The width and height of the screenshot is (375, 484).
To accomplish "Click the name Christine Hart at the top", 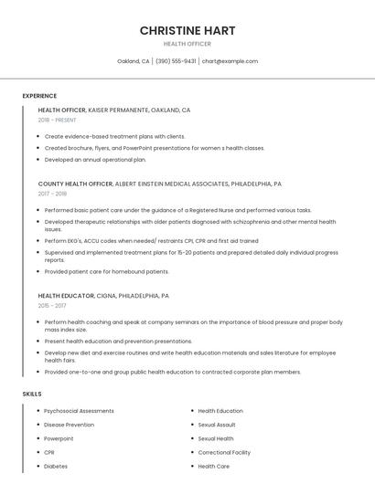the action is (x=187, y=30).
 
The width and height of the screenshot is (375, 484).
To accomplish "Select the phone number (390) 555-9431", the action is (x=176, y=61).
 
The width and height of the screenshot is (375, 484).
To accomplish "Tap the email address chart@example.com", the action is (x=230, y=61).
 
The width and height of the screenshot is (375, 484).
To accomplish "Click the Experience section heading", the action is (x=39, y=95).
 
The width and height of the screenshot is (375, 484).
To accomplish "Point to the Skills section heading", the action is (x=32, y=394).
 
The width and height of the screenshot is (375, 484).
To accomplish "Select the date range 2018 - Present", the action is (x=57, y=120).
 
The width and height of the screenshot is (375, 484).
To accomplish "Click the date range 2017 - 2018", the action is (x=53, y=194).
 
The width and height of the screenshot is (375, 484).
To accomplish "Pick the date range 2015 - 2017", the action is (x=53, y=306).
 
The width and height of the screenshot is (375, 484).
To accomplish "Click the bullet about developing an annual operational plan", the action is (x=95, y=159).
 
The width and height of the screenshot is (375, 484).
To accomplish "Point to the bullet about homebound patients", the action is (x=107, y=271).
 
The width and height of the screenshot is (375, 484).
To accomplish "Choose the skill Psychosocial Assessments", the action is (x=79, y=411).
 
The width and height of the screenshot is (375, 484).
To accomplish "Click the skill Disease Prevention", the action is (x=69, y=425).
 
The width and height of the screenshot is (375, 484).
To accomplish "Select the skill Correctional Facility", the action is (x=224, y=452).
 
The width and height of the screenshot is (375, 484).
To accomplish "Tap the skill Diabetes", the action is (x=57, y=466).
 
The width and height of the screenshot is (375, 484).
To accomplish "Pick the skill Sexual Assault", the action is (x=217, y=425).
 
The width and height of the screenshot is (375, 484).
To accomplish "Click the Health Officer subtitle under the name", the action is (x=187, y=44).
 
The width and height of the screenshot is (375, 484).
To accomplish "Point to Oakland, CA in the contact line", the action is (x=134, y=61).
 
